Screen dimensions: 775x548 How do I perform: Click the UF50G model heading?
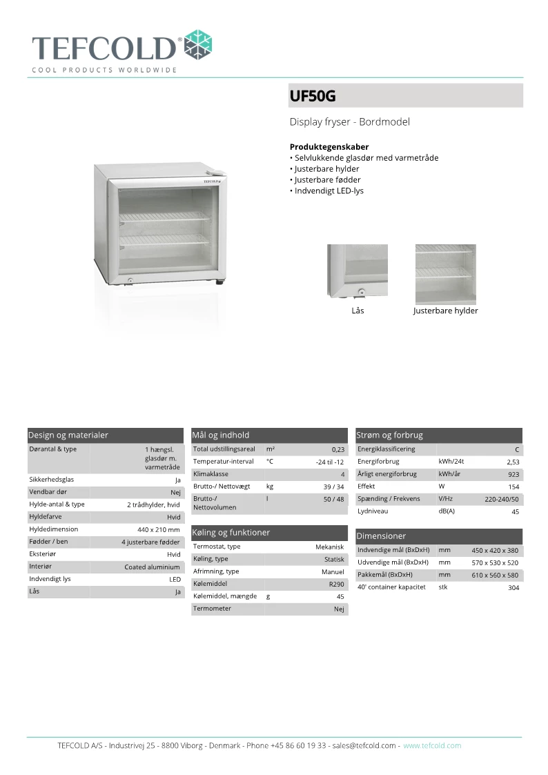point(313,97)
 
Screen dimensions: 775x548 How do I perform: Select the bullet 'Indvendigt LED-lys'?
point(329,190)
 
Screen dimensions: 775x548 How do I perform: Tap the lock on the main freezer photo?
point(129,279)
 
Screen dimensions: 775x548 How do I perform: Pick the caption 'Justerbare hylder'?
point(445,311)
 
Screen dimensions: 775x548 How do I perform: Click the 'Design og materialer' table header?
point(68,435)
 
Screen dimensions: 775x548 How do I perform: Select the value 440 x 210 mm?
point(159,530)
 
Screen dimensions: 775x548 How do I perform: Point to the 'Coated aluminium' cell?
point(152,567)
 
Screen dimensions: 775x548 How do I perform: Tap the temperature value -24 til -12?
point(329,462)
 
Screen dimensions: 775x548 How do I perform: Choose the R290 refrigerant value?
point(336,584)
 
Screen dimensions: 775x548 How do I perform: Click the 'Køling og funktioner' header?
point(231,533)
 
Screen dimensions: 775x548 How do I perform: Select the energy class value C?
point(516,450)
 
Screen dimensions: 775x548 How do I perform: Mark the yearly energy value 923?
point(513,475)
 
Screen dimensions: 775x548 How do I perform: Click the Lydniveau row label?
point(373,511)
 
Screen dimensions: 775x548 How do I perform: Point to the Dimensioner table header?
point(381,536)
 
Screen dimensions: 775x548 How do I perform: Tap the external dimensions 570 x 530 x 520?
point(495,563)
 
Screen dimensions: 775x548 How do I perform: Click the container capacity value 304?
point(513,588)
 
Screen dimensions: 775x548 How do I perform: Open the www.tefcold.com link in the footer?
point(432,746)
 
